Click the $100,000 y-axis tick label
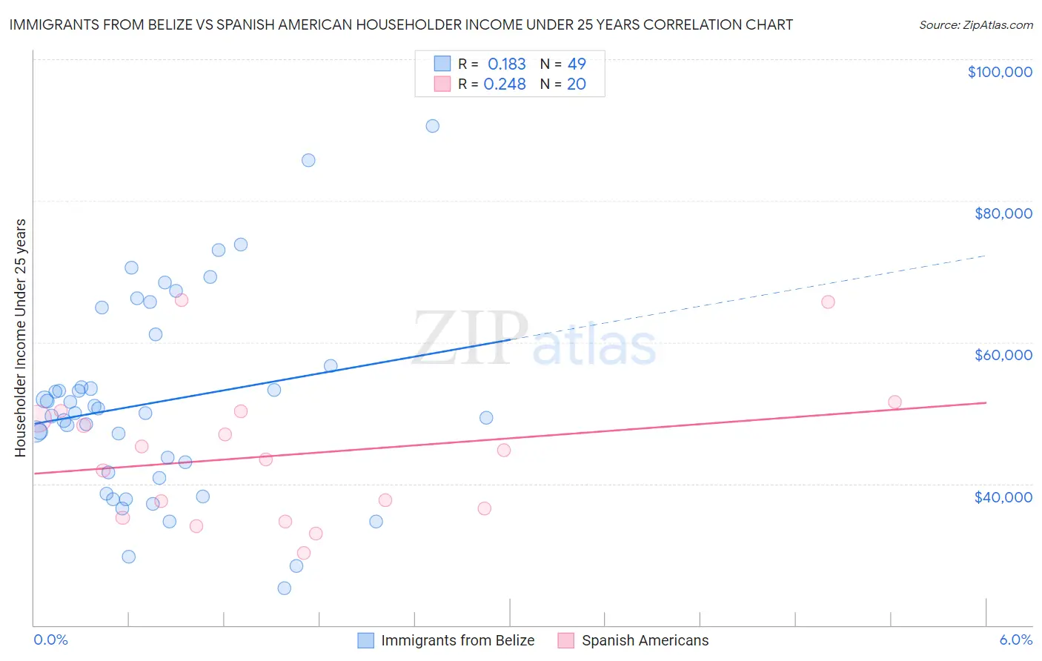click(x=1000, y=72)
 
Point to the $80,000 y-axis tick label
click(x=1003, y=213)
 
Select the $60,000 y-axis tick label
click(x=1003, y=355)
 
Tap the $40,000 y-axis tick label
click(x=1003, y=497)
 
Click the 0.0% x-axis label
click(x=50, y=640)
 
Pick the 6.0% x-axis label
click(x=1015, y=640)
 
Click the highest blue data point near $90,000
click(x=432, y=126)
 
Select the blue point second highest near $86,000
click(x=308, y=160)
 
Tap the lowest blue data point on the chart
click(x=284, y=588)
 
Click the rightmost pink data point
click(x=895, y=402)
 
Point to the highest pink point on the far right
click(x=828, y=302)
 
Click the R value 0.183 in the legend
click(x=506, y=64)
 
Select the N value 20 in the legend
click(x=576, y=84)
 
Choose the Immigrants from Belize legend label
click(x=457, y=640)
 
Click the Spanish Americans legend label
click(x=645, y=640)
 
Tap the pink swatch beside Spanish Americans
click(x=565, y=640)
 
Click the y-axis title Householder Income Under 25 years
click(x=21, y=337)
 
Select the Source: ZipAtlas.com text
click(x=975, y=25)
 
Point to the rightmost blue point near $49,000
click(x=486, y=418)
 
